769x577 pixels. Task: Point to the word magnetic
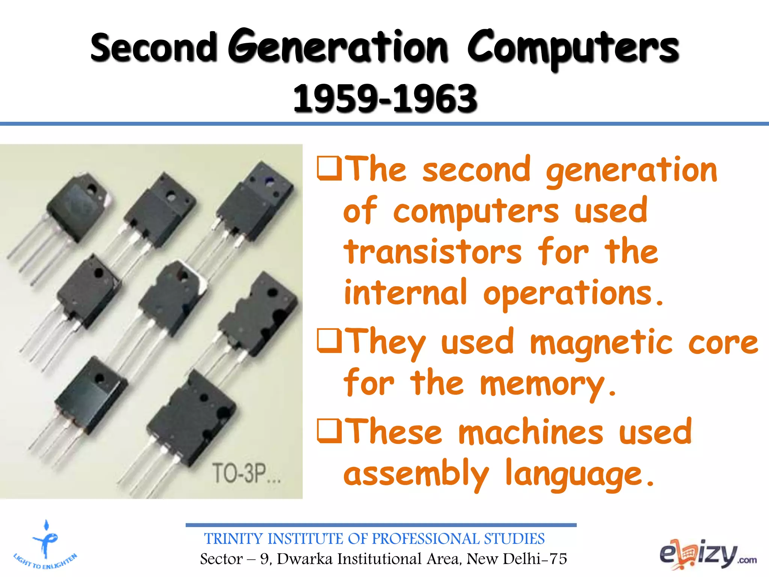pos(601,343)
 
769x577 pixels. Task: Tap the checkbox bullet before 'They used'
pos(329,340)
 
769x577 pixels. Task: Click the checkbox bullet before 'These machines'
pos(329,430)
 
